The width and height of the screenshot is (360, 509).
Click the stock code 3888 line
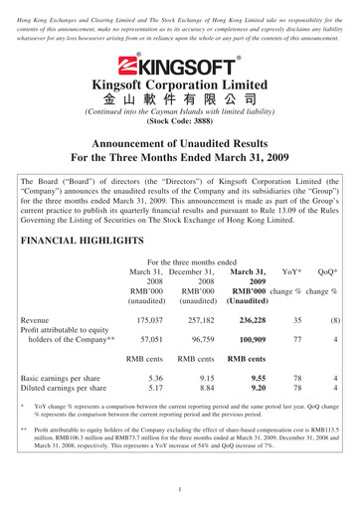click(179, 130)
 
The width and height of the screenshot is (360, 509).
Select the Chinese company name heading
click(180, 101)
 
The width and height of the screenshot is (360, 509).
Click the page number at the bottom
click(180, 489)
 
